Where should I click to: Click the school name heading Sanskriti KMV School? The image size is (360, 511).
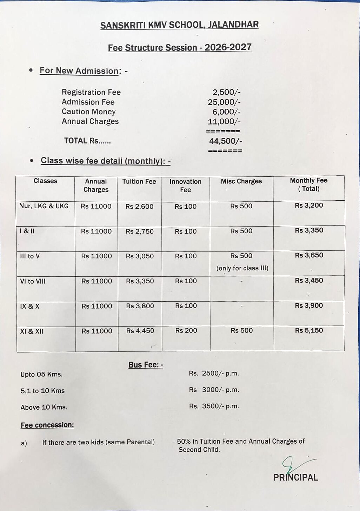point(179,25)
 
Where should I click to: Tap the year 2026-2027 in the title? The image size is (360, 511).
point(228,47)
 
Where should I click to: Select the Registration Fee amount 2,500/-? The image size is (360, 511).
point(226,92)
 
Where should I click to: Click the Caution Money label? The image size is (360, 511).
point(88,112)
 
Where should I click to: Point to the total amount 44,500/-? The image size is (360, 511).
point(225,141)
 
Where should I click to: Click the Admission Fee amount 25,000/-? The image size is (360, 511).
point(224,102)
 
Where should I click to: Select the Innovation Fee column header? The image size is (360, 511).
point(185,186)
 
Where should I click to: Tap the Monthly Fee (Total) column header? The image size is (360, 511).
point(308,184)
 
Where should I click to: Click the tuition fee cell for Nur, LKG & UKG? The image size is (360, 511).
point(139,207)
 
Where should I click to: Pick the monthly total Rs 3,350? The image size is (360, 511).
point(309,230)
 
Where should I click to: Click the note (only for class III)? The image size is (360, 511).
point(242,268)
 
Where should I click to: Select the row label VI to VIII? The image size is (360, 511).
point(33,281)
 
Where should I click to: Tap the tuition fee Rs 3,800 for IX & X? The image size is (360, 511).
point(140,306)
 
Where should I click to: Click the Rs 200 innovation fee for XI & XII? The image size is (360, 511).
point(186,330)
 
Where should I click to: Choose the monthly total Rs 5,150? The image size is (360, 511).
point(309,330)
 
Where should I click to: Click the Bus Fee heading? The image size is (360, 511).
point(146,365)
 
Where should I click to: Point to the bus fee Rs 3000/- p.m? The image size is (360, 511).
point(214,390)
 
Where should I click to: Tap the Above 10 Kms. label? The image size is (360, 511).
point(44,407)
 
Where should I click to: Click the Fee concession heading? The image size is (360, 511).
point(47,425)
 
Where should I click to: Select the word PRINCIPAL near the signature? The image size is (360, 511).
point(295,477)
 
